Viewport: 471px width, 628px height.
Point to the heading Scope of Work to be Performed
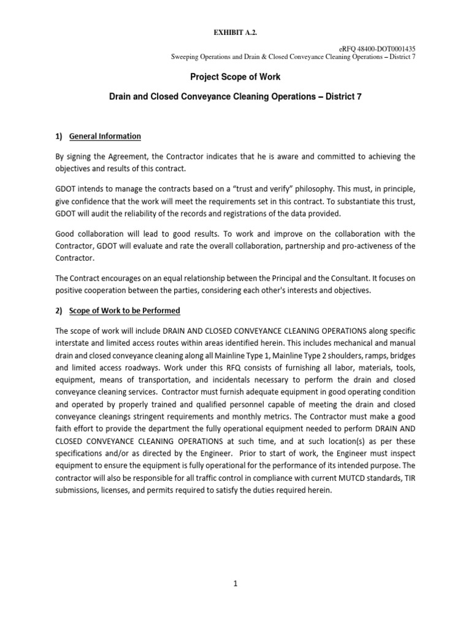click(124, 310)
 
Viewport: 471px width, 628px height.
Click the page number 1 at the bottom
click(235, 585)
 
